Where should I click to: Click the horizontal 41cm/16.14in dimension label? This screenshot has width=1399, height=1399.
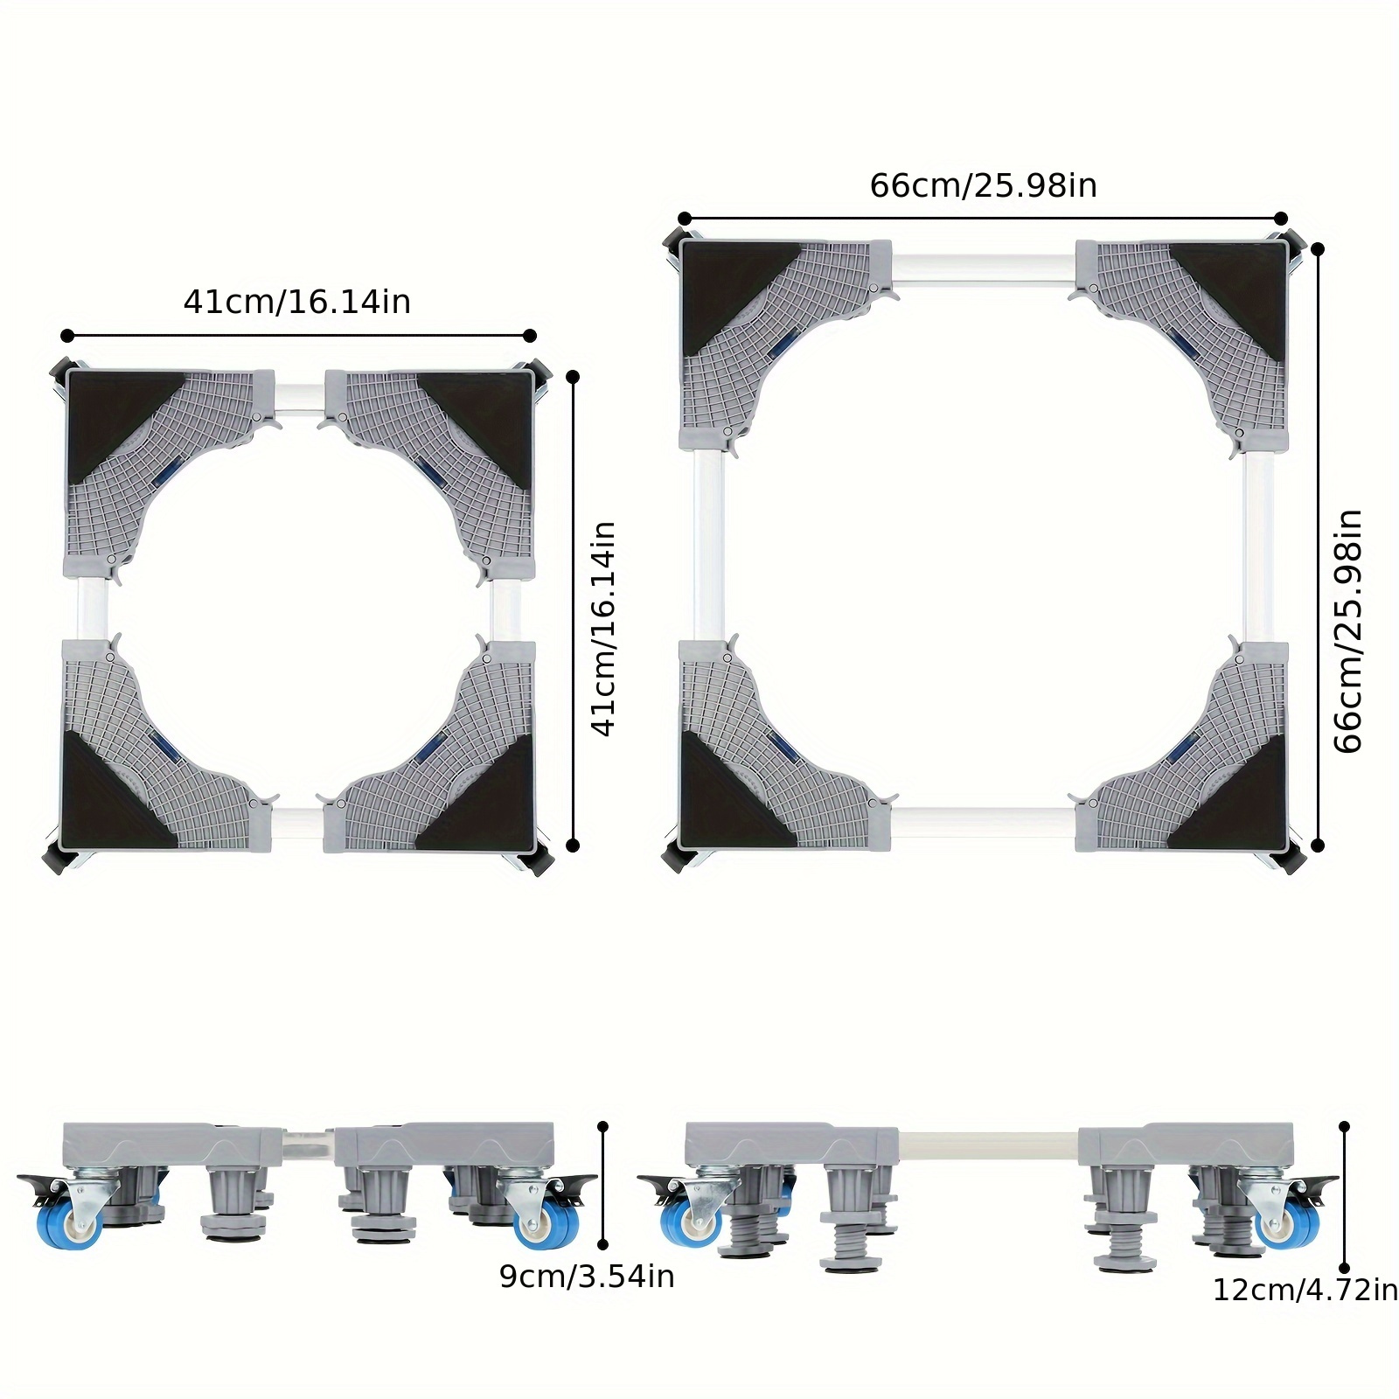pyautogui.click(x=296, y=302)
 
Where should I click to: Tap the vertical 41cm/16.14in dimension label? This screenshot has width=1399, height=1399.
pyautogui.click(x=603, y=629)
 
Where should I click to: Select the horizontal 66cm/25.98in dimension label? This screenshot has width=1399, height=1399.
pyautogui.click(x=983, y=185)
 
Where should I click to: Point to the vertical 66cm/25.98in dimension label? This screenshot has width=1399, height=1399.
pyautogui.click(x=1347, y=630)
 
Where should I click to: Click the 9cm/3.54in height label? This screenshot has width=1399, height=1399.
pyautogui.click(x=587, y=1277)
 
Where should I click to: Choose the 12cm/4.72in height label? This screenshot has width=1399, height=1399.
pyautogui.click(x=1305, y=1290)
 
